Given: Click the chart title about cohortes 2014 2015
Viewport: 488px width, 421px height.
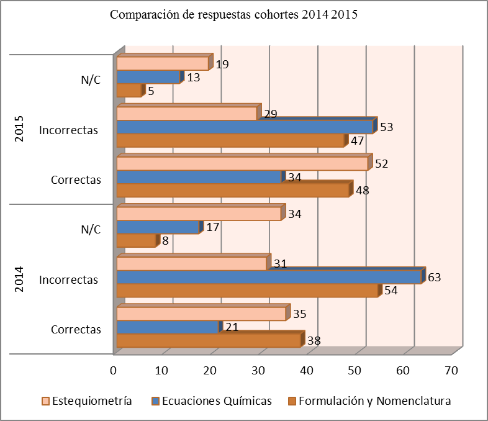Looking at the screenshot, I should click(233, 16).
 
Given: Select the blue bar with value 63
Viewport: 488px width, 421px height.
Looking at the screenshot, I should click(269, 277).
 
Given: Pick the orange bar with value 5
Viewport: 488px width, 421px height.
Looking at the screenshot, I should click(129, 91).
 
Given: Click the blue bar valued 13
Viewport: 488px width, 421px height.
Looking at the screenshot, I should click(148, 77).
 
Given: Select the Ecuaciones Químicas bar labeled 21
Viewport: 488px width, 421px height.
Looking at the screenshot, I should click(168, 327).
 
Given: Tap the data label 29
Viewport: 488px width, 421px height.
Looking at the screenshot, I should click(269, 114).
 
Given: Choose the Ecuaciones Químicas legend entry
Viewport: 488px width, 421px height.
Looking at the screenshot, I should click(217, 401).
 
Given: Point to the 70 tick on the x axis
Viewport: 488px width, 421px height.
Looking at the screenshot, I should click(451, 371).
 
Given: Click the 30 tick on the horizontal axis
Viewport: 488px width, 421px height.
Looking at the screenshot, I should click(258, 371).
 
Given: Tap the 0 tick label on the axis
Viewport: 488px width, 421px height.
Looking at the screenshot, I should click(114, 371).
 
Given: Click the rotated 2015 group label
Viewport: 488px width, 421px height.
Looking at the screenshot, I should click(19, 129).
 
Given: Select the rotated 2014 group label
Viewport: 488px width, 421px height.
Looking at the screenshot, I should click(19, 279).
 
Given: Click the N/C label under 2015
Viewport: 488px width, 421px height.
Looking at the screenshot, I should click(91, 80).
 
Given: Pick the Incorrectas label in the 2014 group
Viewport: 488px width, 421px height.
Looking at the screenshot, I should click(68, 280).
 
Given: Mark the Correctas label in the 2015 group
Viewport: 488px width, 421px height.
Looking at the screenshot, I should click(76, 180).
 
